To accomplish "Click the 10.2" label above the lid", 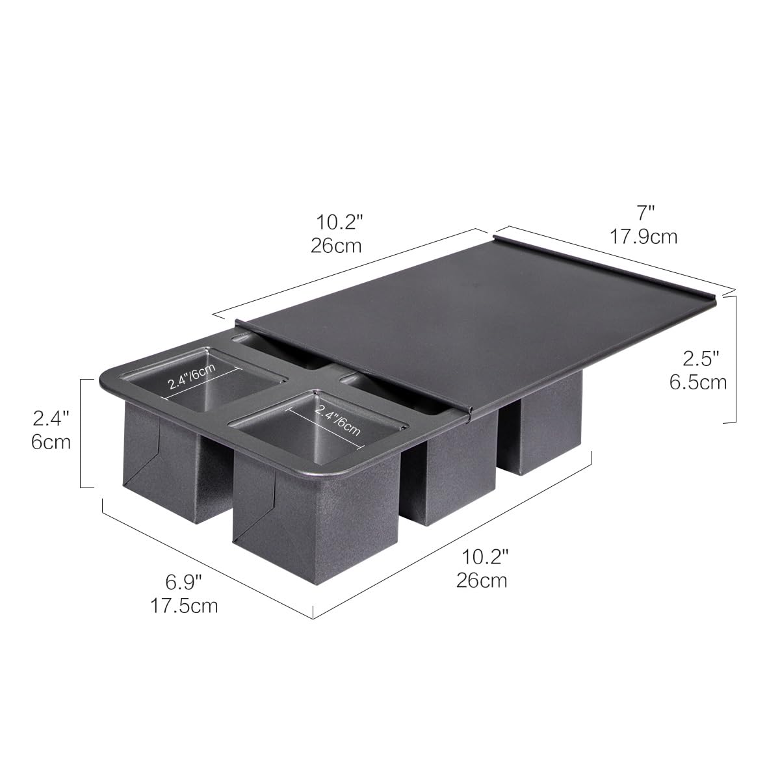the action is pyautogui.click(x=339, y=222).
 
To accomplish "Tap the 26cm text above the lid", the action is pyautogui.click(x=336, y=246).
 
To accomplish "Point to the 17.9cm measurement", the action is pyautogui.click(x=643, y=237).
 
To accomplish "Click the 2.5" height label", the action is pyautogui.click(x=701, y=358).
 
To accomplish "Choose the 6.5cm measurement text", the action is pyautogui.click(x=698, y=382).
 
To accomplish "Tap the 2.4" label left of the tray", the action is pyautogui.click(x=51, y=418).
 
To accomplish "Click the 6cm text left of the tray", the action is pyautogui.click(x=51, y=442).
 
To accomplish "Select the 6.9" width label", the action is pyautogui.click(x=183, y=582).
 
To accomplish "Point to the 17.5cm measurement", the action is pyautogui.click(x=184, y=606).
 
